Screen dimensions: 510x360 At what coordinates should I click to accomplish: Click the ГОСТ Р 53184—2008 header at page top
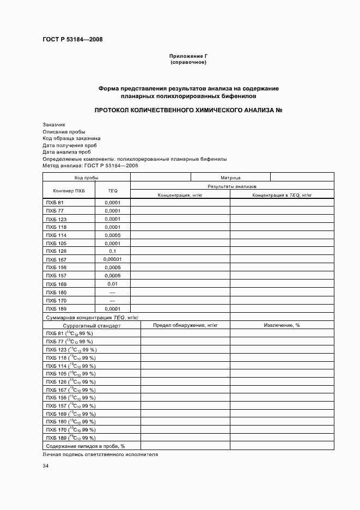point(72,39)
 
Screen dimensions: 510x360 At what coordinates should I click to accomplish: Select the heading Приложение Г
point(188,56)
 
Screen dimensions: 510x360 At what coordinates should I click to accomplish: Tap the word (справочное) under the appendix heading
point(188,62)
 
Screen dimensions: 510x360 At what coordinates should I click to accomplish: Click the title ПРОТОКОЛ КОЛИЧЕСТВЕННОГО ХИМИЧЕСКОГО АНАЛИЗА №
point(188,110)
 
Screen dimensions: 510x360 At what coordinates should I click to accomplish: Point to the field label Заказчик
point(54,125)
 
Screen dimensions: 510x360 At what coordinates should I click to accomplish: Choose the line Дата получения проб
point(70,145)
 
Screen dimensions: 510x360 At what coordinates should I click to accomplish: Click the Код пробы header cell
point(86,178)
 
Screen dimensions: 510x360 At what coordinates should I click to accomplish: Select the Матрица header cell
point(230,178)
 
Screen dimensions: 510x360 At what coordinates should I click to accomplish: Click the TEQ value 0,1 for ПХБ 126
point(113,251)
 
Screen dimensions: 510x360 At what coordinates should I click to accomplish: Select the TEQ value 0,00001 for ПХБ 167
point(113,259)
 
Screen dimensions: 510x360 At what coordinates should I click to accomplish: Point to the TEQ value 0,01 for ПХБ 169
point(113,284)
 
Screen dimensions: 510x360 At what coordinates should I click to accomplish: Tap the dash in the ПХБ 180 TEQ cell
point(113,292)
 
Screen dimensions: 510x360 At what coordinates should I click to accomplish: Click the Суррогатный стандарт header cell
point(91,325)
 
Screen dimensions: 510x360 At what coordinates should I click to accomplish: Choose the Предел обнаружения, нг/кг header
point(185,325)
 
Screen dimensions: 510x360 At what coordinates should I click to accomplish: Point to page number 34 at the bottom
point(46,466)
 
